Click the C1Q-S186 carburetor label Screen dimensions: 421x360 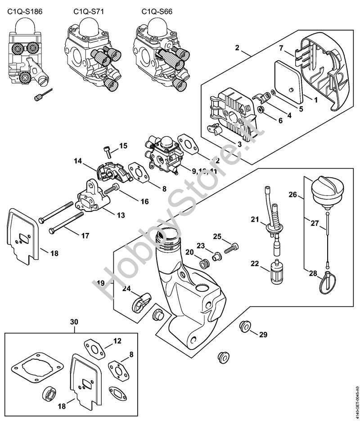(x=24, y=11)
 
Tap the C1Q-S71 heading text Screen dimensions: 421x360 (x=88, y=11)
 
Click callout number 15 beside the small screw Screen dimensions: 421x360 (x=123, y=146)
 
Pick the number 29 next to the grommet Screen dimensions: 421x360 (x=263, y=334)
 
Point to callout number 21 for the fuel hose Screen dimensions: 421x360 (x=256, y=219)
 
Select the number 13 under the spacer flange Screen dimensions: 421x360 (x=121, y=215)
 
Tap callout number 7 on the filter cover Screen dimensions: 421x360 (x=280, y=48)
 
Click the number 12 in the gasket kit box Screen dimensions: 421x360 (x=117, y=341)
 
